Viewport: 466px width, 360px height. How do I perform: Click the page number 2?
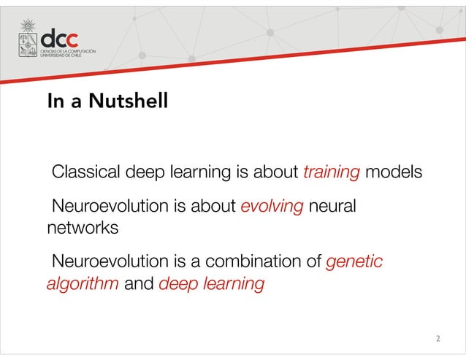pos(438,339)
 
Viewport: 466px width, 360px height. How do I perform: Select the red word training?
pos(331,174)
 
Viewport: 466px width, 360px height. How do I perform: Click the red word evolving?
pos(272,207)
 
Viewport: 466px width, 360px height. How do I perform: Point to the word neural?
pos(332,207)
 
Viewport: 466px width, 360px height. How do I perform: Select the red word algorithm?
pos(82,283)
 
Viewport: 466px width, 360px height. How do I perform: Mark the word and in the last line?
pos(139,283)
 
